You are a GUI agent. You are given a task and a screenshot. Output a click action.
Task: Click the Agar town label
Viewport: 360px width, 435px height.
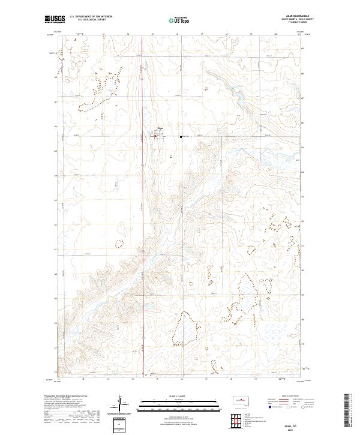tap(160, 128)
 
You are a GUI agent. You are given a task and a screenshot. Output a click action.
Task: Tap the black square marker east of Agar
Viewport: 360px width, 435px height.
tap(181, 137)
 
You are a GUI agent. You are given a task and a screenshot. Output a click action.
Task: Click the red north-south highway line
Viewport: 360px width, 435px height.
tap(142, 180)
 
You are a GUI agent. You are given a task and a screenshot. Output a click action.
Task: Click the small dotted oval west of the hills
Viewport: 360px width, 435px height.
tap(119, 244)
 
